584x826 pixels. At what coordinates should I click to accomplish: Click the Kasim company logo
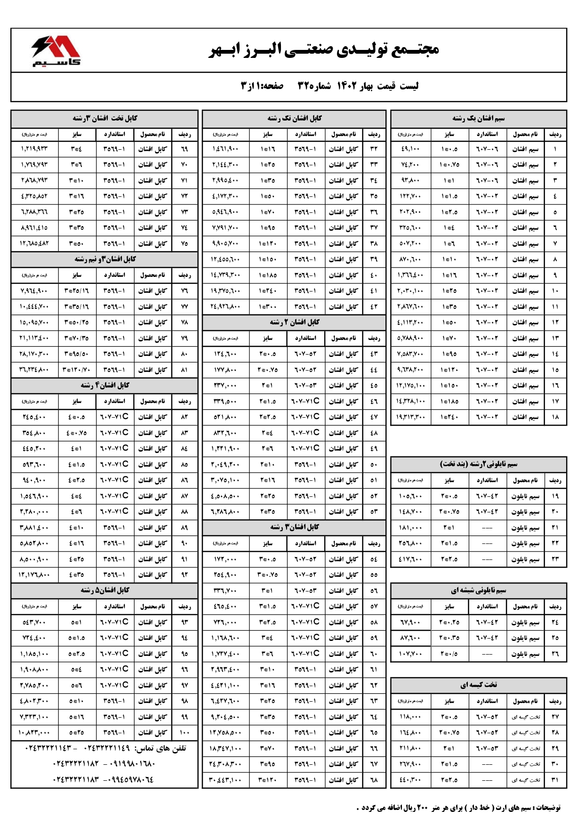56,50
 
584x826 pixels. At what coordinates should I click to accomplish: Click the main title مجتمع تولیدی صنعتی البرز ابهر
324,49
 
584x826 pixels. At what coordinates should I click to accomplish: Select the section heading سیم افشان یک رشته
478,118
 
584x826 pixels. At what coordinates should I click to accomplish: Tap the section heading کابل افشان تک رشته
294,118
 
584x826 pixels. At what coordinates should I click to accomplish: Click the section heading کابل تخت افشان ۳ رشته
104,118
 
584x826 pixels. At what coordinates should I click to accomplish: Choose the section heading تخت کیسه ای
478,685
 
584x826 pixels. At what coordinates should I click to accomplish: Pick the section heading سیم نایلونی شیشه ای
478,590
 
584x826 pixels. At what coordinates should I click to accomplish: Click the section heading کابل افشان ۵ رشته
104,590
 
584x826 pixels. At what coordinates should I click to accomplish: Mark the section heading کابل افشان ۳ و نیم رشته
104,259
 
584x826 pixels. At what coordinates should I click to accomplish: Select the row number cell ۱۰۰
184,732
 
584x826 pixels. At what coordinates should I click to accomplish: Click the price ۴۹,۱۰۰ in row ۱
410,149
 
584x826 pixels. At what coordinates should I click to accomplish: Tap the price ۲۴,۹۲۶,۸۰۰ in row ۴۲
225,307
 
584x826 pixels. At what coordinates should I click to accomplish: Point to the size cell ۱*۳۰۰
267,307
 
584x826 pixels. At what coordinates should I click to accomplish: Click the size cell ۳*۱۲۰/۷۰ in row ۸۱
76,370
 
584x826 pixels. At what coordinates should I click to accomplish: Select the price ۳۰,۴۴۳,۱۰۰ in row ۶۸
225,780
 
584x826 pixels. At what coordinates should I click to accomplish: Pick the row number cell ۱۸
555,417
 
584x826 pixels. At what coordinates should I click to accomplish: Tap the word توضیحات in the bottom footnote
547,808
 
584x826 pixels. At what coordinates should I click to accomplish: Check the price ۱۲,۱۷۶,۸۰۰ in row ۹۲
34,575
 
